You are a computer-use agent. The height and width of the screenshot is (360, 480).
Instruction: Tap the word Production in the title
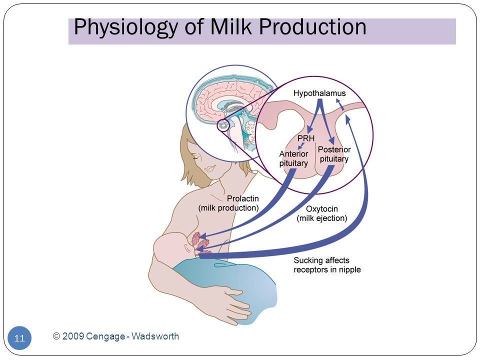pos(312,26)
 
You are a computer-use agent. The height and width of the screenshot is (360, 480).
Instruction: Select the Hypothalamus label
pos(319,93)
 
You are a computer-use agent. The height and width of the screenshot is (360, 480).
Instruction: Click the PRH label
pos(306,138)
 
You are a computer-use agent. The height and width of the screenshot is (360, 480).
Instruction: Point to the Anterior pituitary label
pos(293,158)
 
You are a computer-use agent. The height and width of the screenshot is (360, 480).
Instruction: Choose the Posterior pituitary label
pos(334,154)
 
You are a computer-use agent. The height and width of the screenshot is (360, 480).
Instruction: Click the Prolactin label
pos(243,198)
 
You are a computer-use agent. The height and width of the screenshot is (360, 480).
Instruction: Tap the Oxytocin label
pos(321,209)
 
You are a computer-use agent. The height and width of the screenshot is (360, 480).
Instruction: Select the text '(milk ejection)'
pos(321,218)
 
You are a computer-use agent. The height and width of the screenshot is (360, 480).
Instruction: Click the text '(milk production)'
pos(228,208)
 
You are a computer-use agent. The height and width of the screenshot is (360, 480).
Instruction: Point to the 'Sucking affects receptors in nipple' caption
pos(327,265)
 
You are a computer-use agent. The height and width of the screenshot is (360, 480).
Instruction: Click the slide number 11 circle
pos(19,338)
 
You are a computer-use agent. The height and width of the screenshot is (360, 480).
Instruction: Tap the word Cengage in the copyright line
pos(105,336)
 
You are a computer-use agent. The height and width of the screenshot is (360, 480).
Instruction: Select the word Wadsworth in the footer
pos(155,336)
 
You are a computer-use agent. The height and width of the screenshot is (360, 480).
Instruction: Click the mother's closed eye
pos(196,157)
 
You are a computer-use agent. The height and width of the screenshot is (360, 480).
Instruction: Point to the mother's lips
pos(210,168)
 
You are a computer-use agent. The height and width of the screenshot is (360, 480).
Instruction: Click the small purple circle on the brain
pos(223,125)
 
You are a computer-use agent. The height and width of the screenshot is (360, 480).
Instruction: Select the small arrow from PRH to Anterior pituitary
pos(301,146)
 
